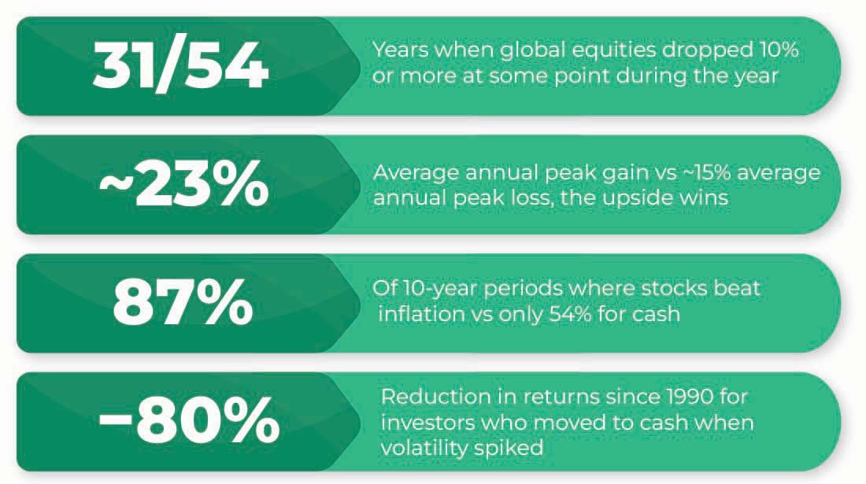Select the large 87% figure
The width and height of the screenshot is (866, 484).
coord(183,304)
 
